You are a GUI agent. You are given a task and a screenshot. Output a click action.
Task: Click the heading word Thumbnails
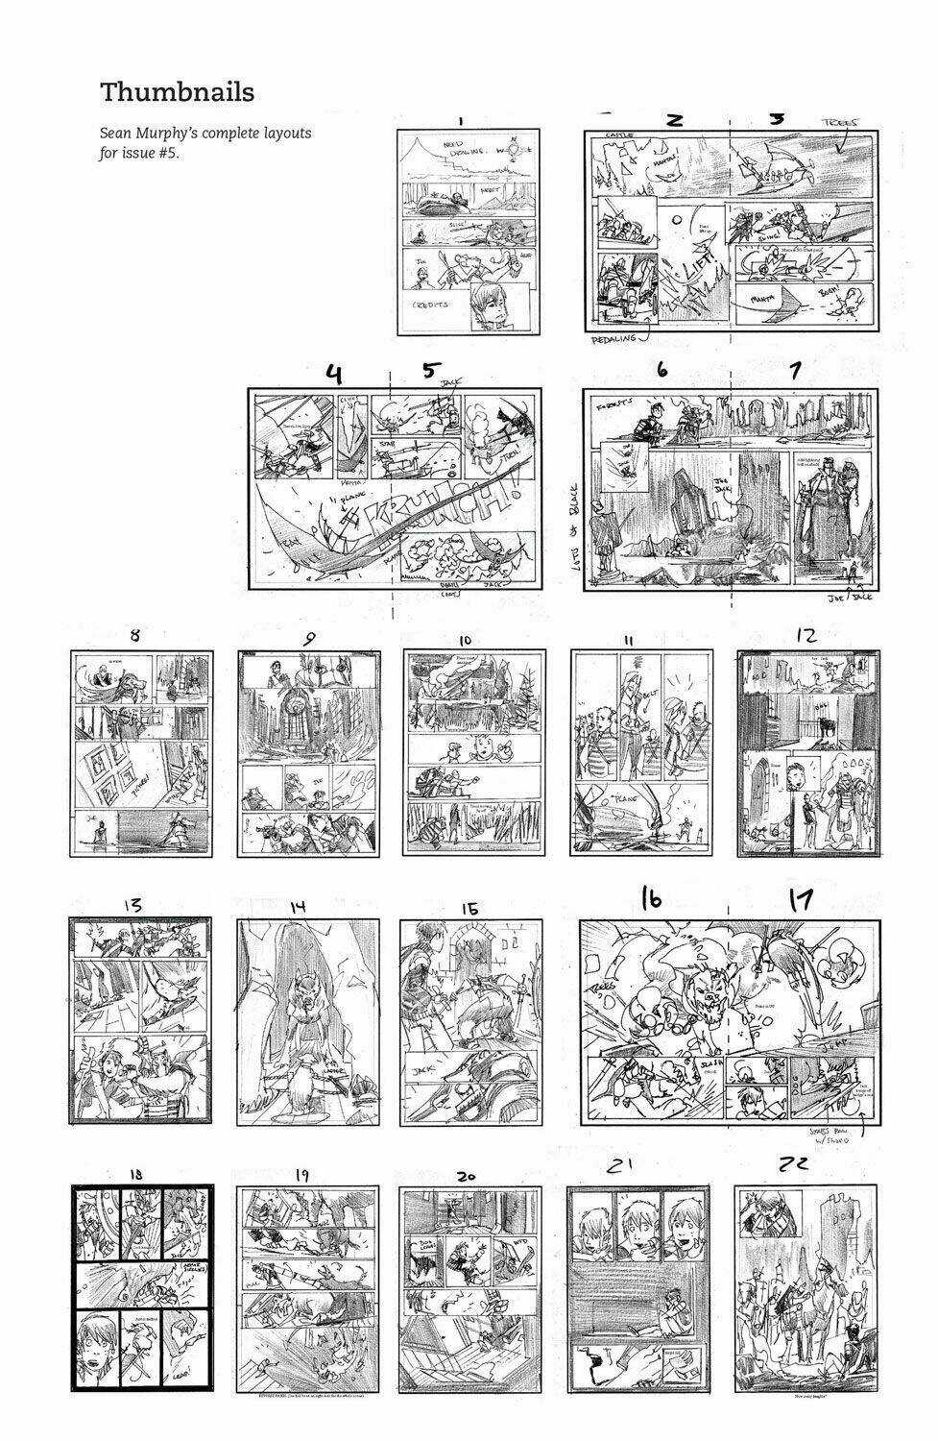coord(178,92)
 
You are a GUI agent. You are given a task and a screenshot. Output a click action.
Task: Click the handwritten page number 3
coord(778,118)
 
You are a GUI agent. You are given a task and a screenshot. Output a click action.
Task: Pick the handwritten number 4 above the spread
coord(333,374)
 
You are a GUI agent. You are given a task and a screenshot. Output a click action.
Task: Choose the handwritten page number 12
coord(806,635)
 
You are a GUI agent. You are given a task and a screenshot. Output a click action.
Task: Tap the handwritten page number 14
coord(298,906)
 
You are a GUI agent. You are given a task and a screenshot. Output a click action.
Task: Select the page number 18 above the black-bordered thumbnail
coord(134,1174)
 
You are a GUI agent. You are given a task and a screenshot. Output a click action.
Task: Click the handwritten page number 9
coord(309,638)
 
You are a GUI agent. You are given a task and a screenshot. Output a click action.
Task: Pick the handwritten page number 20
coord(467,1176)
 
